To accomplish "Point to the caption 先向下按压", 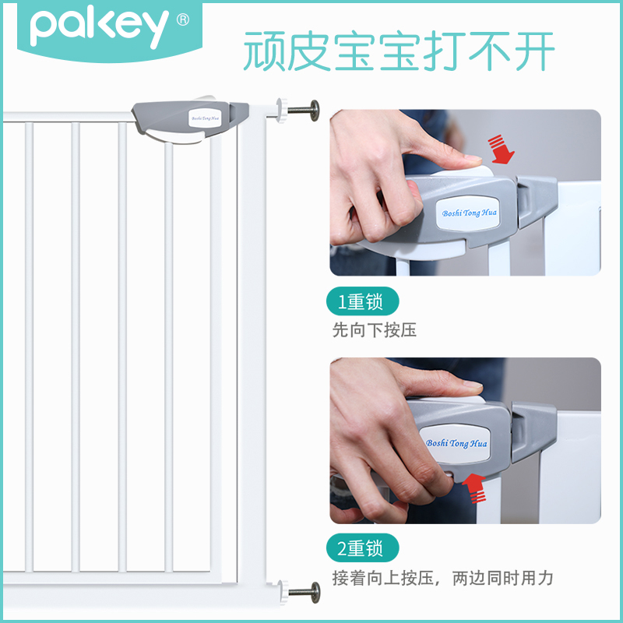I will coord(375,330).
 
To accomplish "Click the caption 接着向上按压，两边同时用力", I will coord(442,578).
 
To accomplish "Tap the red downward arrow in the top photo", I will coord(499,149).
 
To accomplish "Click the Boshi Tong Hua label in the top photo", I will coord(463,213).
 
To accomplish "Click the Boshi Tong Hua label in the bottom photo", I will coord(457,442).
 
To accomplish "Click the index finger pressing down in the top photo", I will coord(436,153).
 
